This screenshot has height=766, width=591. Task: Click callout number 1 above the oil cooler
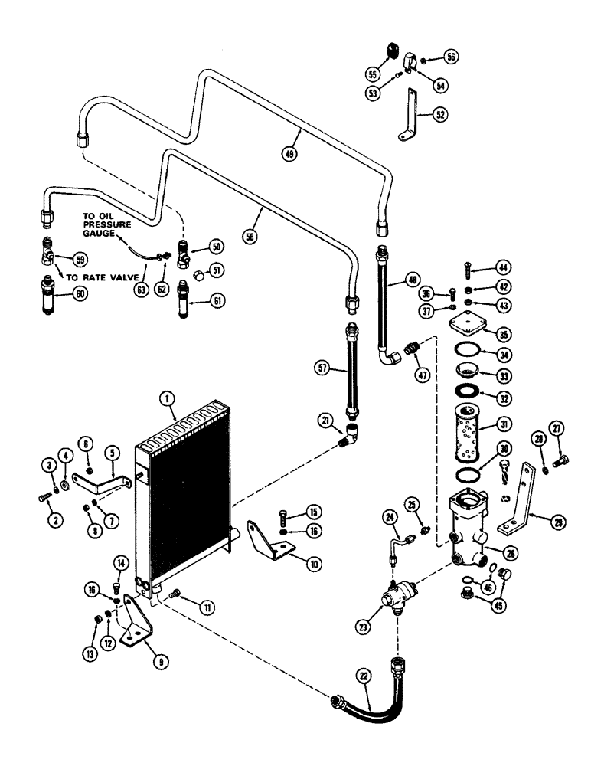pos(163,399)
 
